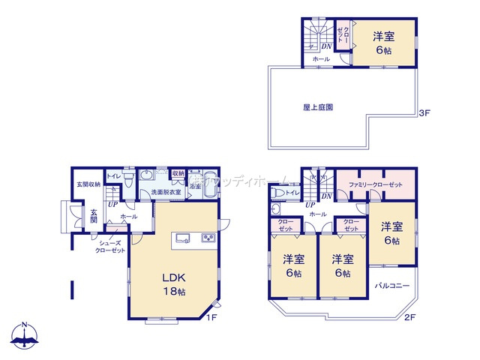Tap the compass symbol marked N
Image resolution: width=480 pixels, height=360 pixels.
click(x=24, y=336)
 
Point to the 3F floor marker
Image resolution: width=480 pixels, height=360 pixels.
click(x=424, y=113)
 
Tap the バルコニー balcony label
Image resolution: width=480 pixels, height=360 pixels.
click(x=391, y=286)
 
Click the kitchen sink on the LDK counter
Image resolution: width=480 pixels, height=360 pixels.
click(x=183, y=239)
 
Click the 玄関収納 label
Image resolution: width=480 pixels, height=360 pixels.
click(x=88, y=184)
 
